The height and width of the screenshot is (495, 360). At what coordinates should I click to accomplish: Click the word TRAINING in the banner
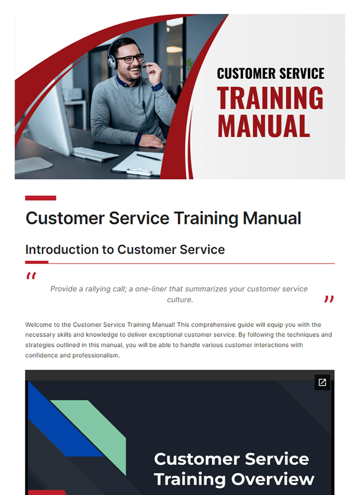pyautogui.click(x=270, y=97)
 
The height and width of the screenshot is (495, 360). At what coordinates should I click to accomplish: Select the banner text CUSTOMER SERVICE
pyautogui.click(x=270, y=73)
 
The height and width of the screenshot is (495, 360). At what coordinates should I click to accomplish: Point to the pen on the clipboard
pyautogui.click(x=148, y=157)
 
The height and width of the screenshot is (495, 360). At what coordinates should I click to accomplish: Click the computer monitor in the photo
pyautogui.click(x=49, y=121)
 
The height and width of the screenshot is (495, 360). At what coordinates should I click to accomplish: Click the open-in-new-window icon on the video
pyautogui.click(x=322, y=382)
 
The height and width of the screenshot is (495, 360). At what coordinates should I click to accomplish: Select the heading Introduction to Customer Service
pyautogui.click(x=125, y=249)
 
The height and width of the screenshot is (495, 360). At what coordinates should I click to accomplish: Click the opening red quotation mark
pyautogui.click(x=31, y=276)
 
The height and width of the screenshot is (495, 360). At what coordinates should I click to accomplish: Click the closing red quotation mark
pyautogui.click(x=329, y=299)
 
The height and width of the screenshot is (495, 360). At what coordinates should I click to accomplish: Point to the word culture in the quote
pyautogui.click(x=180, y=300)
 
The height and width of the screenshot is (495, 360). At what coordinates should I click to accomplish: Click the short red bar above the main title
pyautogui.click(x=40, y=198)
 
